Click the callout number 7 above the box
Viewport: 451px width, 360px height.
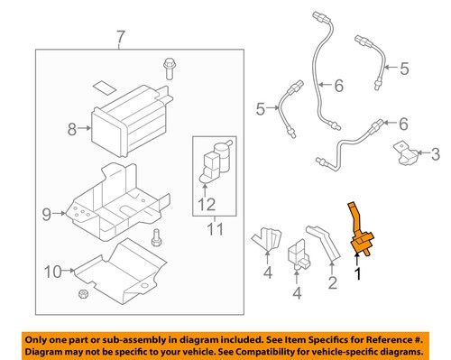coord(120,38)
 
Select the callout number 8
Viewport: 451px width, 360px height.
coord(72,129)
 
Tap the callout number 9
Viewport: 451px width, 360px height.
coord(47,215)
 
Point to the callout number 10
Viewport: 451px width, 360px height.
coord(52,272)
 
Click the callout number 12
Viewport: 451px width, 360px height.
coord(207,205)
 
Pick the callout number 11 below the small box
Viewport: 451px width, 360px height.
coord(216,229)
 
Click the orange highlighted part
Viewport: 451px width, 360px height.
coord(360,230)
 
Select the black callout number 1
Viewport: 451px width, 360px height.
coord(358,274)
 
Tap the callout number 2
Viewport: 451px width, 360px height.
coord(333,282)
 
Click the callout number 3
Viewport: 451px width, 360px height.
coord(436,154)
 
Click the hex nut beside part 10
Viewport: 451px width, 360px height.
coord(83,294)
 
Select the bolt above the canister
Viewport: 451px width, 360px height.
coord(170,69)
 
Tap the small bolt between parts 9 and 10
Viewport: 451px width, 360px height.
coord(156,237)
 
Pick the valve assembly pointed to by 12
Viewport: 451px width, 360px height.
coord(216,161)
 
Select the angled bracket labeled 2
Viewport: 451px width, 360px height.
coord(323,243)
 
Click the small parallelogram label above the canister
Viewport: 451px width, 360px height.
coord(104,88)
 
